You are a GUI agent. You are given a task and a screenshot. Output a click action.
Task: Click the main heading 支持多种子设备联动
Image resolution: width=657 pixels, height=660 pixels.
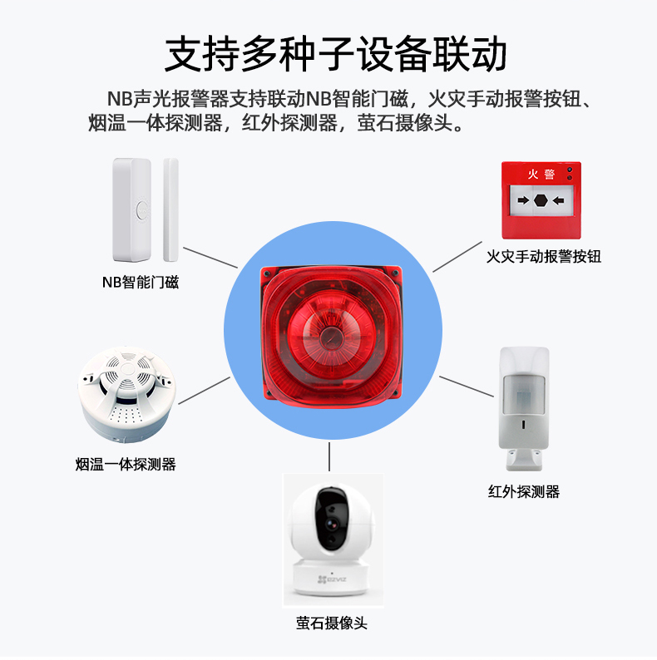tap(335, 54)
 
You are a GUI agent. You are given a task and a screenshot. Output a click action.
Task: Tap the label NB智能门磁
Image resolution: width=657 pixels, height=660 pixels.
tap(141, 282)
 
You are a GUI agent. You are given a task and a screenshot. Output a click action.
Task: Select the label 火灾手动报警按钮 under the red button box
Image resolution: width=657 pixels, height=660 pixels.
tap(543, 256)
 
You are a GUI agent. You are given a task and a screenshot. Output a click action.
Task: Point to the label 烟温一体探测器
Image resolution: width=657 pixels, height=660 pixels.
tap(126, 465)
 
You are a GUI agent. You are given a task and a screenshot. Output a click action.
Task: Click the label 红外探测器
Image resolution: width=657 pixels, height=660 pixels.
tap(524, 491)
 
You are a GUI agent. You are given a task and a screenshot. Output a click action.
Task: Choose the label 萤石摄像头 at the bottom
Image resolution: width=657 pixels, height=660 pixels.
tap(332, 623)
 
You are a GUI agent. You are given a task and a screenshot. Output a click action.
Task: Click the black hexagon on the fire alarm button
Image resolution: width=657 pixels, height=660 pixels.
tap(541, 200)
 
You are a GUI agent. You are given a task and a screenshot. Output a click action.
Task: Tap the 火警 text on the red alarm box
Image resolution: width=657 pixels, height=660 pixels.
tap(541, 174)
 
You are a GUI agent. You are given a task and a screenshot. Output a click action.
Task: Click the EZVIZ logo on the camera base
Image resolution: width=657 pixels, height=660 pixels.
tap(332, 579)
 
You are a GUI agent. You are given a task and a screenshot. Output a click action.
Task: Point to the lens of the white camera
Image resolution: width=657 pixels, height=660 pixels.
tap(332, 525)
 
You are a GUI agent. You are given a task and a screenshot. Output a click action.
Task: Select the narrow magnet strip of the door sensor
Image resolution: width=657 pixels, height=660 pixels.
tap(170, 209)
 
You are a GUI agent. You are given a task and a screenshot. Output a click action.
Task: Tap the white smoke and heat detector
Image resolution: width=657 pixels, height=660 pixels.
tap(126, 394)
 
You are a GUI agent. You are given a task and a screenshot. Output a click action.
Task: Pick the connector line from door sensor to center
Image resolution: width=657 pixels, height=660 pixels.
tap(210, 258)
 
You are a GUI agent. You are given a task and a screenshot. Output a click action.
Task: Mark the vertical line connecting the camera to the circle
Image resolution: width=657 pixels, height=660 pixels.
tap(329, 456)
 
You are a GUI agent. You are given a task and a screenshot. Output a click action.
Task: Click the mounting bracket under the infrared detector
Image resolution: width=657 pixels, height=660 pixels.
tap(524, 460)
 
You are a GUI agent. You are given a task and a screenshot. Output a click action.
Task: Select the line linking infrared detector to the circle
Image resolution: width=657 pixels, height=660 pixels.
tap(467, 387)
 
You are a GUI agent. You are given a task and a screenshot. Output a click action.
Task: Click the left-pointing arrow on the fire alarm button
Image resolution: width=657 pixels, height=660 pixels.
tap(559, 200)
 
